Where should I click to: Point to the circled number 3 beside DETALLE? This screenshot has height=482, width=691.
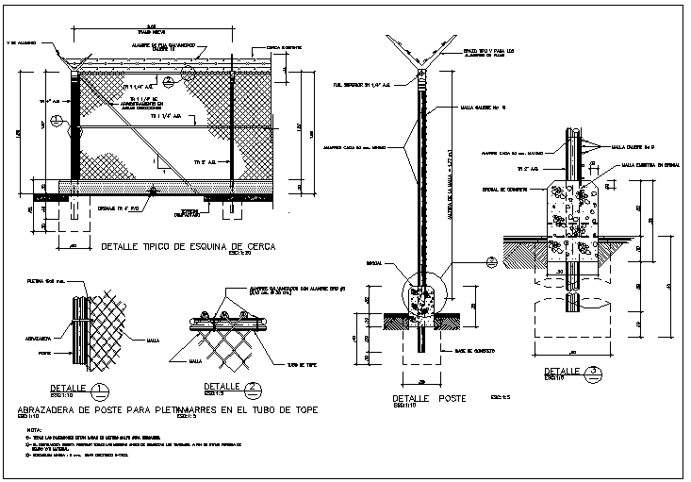pyautogui.click(x=591, y=371)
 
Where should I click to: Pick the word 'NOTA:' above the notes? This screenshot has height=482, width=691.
pyautogui.click(x=28, y=431)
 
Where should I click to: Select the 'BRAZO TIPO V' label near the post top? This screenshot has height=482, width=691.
pyautogui.click(x=490, y=49)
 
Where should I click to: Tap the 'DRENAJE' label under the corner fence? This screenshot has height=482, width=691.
pyautogui.click(x=114, y=207)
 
